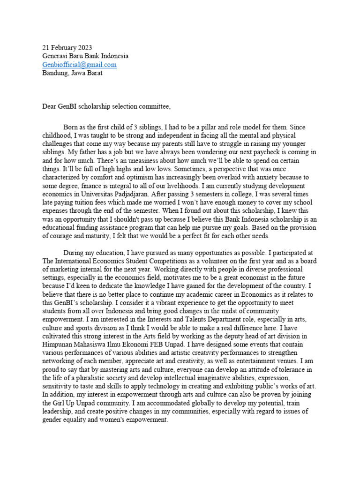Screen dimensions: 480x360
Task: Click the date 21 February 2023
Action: [67, 47]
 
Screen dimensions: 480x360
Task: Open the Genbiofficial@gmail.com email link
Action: [79, 64]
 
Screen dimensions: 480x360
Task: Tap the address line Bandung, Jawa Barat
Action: [72, 73]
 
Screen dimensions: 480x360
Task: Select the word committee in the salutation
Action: [153, 106]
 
